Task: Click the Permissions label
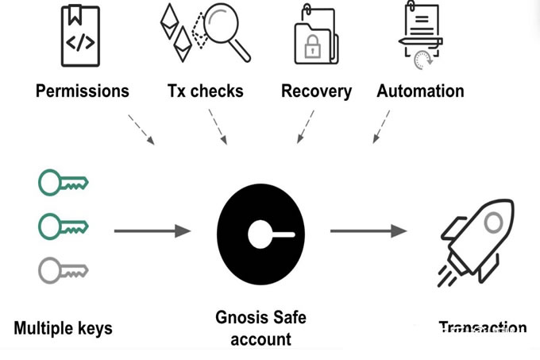point(82,91)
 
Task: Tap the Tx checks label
point(205,91)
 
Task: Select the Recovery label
point(316,91)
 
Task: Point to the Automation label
point(420,91)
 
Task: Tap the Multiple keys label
point(63,327)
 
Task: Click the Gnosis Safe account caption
point(260,328)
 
